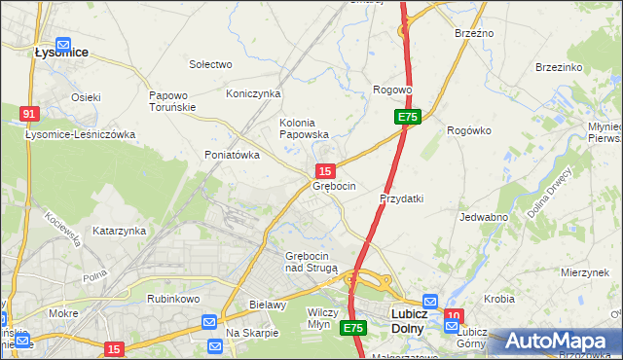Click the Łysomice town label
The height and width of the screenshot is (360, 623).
62,54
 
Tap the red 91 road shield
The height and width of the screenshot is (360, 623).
29,114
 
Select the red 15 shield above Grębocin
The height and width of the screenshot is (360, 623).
328,170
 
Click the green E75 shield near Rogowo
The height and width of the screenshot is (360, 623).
408,117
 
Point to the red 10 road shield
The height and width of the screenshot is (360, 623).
454,315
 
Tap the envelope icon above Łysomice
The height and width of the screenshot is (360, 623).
63,43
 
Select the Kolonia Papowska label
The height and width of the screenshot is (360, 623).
304,128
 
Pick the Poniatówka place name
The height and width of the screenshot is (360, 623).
232,155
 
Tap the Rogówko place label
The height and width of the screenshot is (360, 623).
467,130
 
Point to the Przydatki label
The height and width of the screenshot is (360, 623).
401,198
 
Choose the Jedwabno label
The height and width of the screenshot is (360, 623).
484,217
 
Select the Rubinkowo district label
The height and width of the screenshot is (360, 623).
173,299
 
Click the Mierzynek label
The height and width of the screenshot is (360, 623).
585,273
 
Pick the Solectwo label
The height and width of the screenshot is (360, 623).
210,64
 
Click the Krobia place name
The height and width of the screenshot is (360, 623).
498,299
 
